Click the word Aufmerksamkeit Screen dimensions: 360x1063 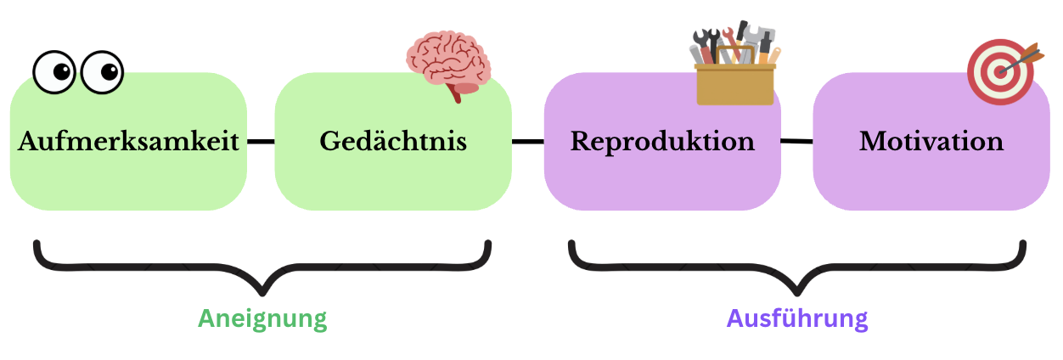(x=128, y=141)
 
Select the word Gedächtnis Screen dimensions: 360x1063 (x=393, y=141)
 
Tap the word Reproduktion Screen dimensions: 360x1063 (x=662, y=141)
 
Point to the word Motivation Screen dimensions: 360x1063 (x=931, y=141)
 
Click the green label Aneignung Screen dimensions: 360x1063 (x=262, y=319)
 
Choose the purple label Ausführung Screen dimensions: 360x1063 (x=797, y=319)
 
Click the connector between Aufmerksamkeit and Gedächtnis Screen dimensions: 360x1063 (x=261, y=141)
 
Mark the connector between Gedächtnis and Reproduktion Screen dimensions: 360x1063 (x=527, y=141)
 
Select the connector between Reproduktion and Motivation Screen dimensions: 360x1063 (x=796, y=141)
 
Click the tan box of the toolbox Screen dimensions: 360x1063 (x=735, y=85)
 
